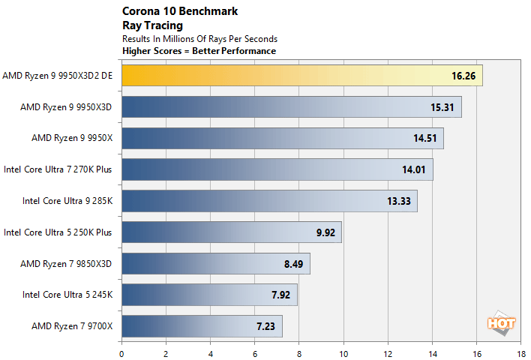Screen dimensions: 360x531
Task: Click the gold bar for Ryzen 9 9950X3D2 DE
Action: click(x=300, y=76)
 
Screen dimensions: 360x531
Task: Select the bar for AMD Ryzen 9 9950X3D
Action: click(x=291, y=107)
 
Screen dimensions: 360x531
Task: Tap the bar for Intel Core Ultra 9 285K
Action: click(x=268, y=201)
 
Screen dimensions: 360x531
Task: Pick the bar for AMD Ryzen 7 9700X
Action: click(x=201, y=326)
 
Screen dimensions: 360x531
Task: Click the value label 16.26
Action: click(x=461, y=76)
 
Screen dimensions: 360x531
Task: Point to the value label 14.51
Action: click(x=424, y=139)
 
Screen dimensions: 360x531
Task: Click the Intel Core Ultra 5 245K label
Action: click(x=67, y=295)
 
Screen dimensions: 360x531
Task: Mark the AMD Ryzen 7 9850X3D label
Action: click(x=71, y=264)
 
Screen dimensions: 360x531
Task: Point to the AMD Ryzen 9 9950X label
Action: click(x=71, y=139)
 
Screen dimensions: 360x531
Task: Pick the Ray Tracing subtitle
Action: click(x=147, y=25)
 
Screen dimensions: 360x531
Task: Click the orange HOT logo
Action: click(x=499, y=323)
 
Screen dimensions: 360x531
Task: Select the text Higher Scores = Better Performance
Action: click(x=199, y=51)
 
